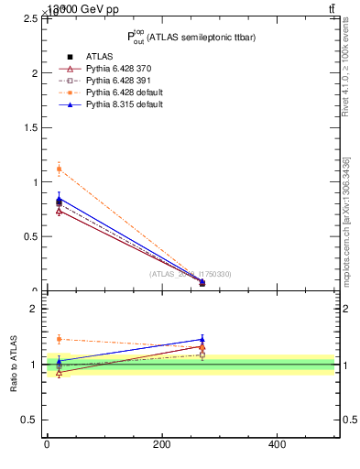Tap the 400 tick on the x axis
tap(276, 444)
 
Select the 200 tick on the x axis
tap(161, 444)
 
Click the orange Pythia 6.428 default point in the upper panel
tap(59, 169)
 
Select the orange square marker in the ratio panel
tap(59, 339)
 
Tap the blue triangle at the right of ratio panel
tap(202, 339)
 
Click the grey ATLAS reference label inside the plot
tap(191, 274)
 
